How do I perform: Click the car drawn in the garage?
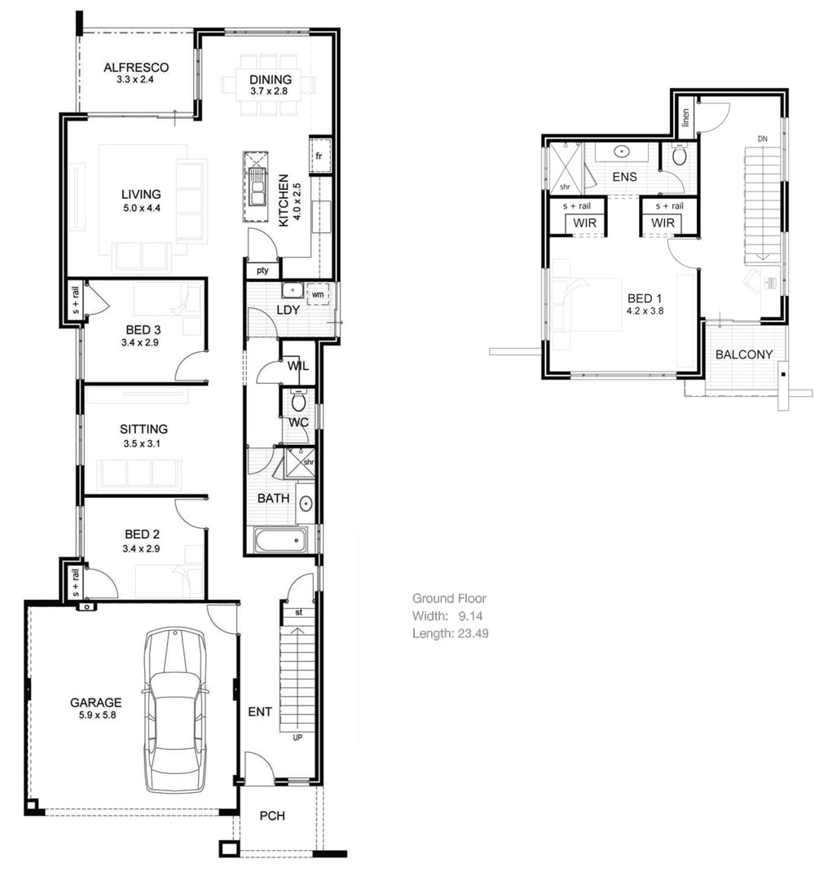click(x=174, y=711)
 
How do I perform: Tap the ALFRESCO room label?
click(x=136, y=68)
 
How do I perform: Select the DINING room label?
click(x=271, y=79)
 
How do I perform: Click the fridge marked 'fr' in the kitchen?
click(x=319, y=155)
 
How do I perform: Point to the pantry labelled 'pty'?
click(x=262, y=270)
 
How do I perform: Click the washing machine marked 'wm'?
click(x=318, y=293)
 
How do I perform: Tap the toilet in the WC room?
click(x=298, y=400)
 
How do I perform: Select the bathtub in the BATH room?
click(x=280, y=540)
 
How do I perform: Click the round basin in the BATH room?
click(x=306, y=504)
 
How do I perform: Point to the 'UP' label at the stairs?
click(x=297, y=738)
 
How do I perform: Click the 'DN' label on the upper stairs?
click(x=762, y=139)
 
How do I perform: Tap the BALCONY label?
click(x=743, y=355)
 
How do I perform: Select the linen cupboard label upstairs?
click(x=685, y=117)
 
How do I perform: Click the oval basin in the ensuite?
click(x=621, y=151)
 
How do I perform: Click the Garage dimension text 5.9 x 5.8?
click(x=95, y=716)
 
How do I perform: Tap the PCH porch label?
click(x=272, y=815)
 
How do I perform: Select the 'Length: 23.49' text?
click(x=450, y=632)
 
